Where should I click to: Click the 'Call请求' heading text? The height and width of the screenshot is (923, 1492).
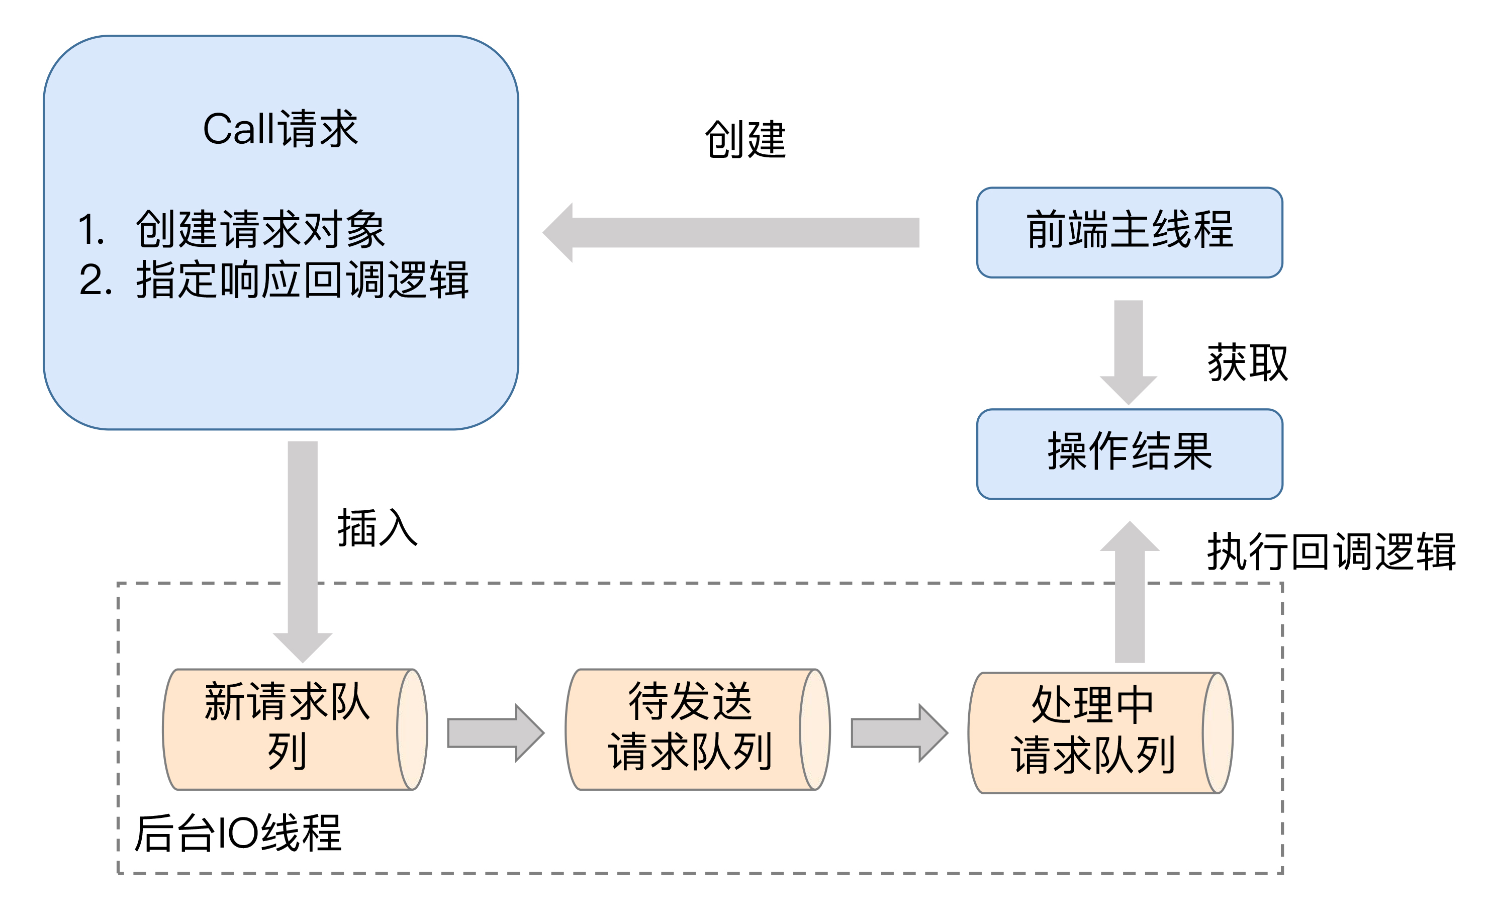coord(280,129)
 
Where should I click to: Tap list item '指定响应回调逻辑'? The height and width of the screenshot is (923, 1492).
coord(302,280)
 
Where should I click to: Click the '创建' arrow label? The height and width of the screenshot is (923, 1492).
coord(745,139)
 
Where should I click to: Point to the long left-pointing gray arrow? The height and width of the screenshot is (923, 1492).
coord(732,233)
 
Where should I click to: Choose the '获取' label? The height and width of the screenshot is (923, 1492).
coord(1247,362)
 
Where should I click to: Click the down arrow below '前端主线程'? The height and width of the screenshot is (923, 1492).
coord(1129,351)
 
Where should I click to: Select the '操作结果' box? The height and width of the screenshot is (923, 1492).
coord(1129,453)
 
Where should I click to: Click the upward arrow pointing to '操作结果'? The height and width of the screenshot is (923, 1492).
coord(1130,592)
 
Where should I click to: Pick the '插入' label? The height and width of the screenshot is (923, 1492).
coord(377,527)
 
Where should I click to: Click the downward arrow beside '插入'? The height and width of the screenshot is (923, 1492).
coord(303,549)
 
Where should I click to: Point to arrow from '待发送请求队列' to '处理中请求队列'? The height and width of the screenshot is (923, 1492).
coord(899,732)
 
